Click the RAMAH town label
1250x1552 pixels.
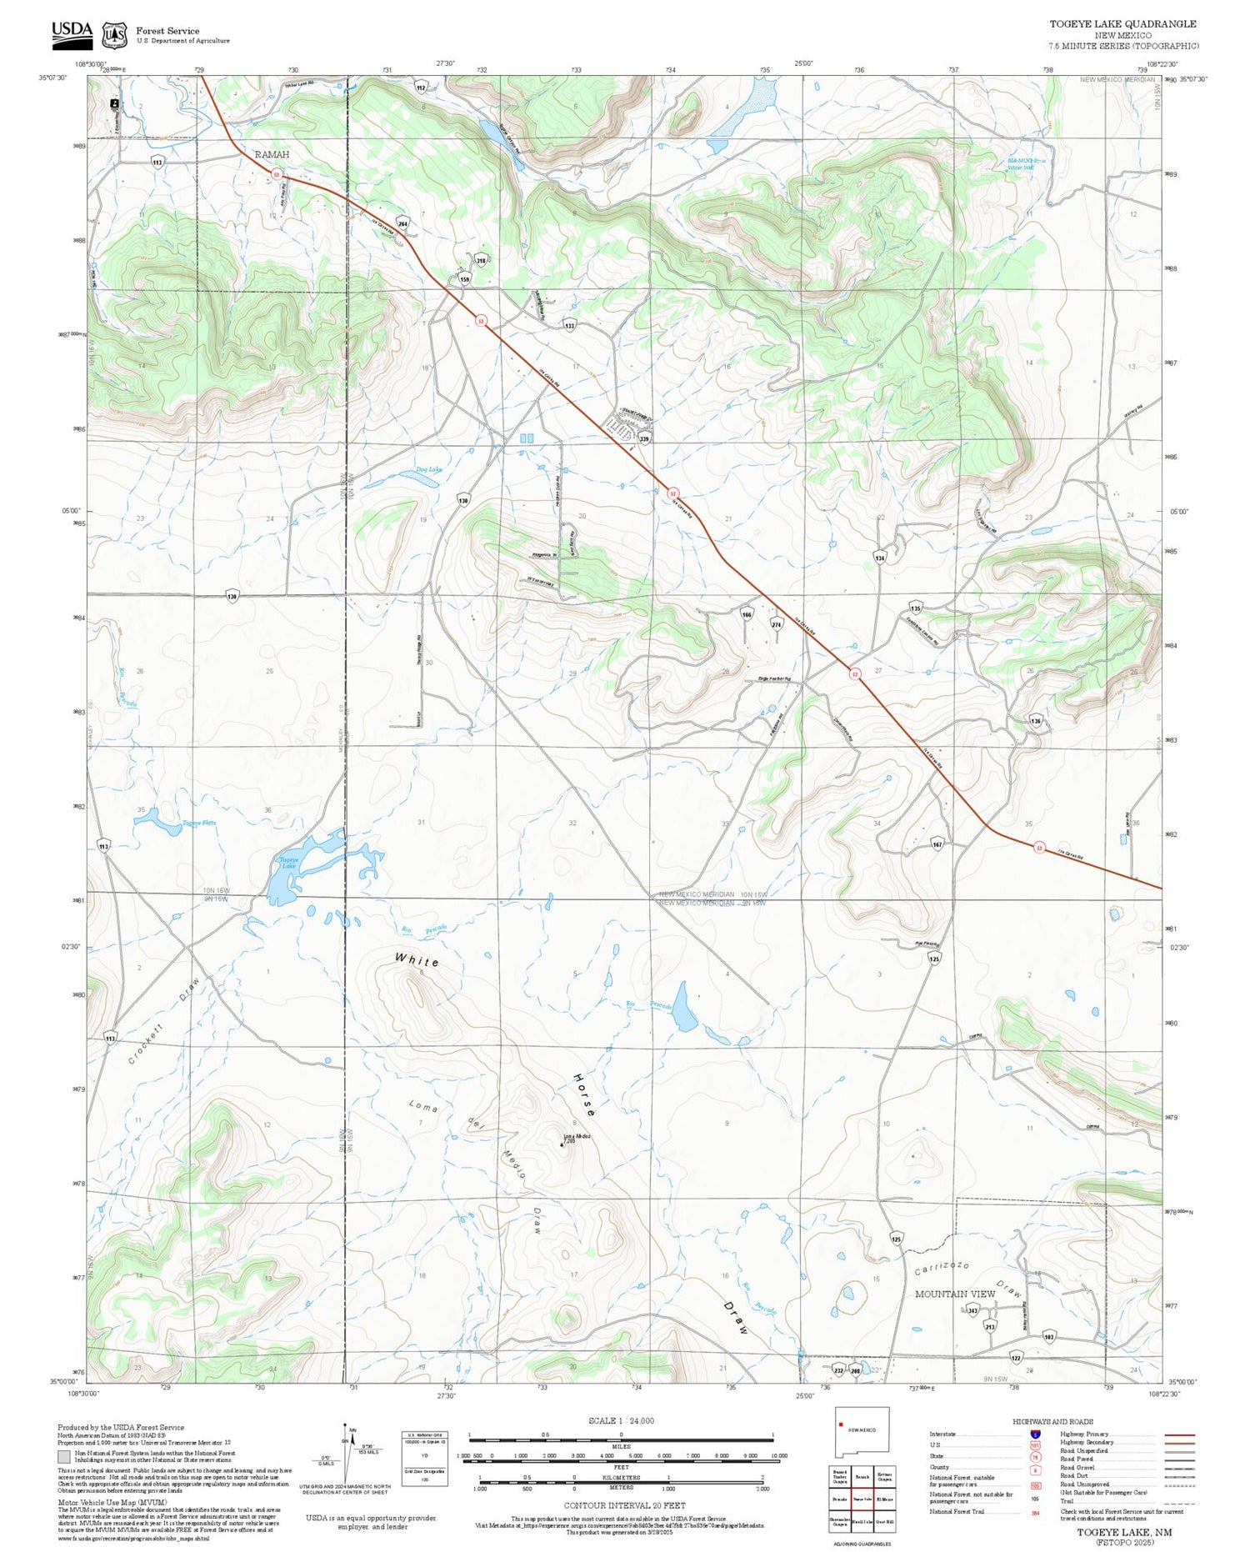click(272, 155)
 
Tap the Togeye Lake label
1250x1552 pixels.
click(288, 862)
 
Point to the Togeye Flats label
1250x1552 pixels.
click(199, 824)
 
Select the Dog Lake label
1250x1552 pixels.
click(428, 470)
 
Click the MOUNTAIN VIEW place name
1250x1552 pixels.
click(955, 1294)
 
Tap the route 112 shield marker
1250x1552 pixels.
click(421, 87)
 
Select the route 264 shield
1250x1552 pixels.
click(402, 223)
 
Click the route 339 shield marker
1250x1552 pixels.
click(643, 438)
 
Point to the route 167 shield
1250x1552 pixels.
click(937, 844)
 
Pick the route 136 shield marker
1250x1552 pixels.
click(1036, 720)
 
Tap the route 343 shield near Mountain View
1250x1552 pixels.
click(972, 1311)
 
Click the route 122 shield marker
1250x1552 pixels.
click(1016, 1358)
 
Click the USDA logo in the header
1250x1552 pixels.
click(72, 32)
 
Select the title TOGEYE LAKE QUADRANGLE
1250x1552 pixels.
click(1122, 24)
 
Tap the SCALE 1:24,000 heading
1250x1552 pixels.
click(621, 1420)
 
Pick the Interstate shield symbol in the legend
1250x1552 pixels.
click(1035, 1434)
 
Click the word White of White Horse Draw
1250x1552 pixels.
click(417, 960)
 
